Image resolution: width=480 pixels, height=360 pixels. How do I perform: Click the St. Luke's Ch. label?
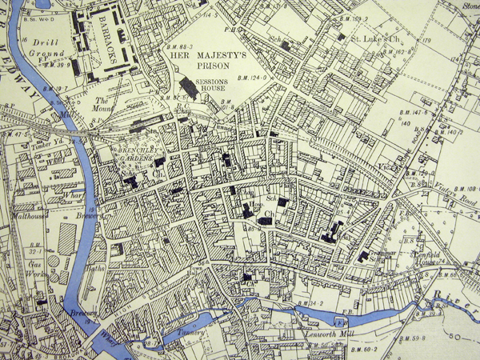coord(376,38)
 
